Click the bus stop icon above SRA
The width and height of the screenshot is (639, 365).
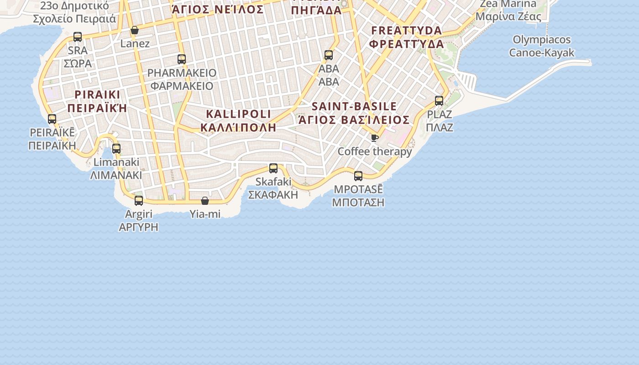tap(78, 37)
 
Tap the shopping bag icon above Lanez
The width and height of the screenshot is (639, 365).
tap(135, 31)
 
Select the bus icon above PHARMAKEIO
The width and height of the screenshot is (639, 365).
tap(182, 59)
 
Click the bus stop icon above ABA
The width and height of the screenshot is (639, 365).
tap(329, 56)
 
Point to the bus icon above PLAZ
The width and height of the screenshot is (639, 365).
tap(439, 101)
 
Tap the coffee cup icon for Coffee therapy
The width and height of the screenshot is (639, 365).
tap(375, 138)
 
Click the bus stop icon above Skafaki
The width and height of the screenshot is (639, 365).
tap(273, 168)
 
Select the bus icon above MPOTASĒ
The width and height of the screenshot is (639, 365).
tap(358, 176)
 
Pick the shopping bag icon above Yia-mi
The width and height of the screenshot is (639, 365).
tap(205, 201)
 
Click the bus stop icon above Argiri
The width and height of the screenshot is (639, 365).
tap(139, 201)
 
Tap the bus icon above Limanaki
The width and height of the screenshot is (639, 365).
tap(116, 149)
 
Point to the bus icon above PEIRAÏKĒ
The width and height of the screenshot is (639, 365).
tap(52, 120)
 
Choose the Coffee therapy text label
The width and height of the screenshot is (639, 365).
tap(375, 151)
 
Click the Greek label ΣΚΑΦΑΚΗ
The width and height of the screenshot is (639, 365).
tap(273, 195)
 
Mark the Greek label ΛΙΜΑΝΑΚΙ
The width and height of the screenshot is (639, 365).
tap(116, 175)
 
